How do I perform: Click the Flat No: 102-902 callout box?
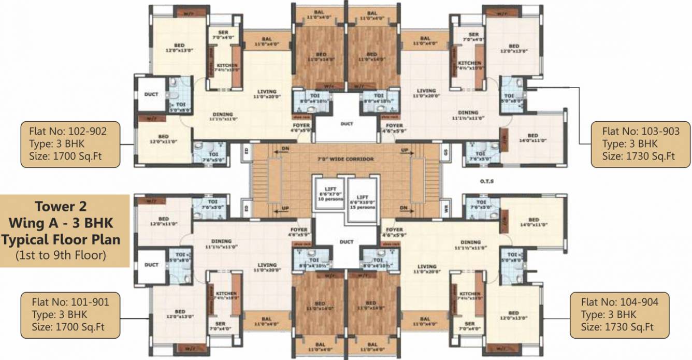pyautogui.click(x=70, y=145)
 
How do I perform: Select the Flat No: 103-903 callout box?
pyautogui.click(x=640, y=145)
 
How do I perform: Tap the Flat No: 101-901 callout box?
pyautogui.click(x=70, y=314)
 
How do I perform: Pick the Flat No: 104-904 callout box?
pyautogui.click(x=619, y=314)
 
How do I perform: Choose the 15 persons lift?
pyautogui.click(x=363, y=199)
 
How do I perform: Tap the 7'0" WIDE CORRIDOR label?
pyautogui.click(x=346, y=159)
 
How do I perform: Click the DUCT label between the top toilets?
pyautogui.click(x=347, y=124)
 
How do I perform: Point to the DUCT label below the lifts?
pyautogui.click(x=347, y=242)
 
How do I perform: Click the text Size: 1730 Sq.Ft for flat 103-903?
pyautogui.click(x=640, y=155)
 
